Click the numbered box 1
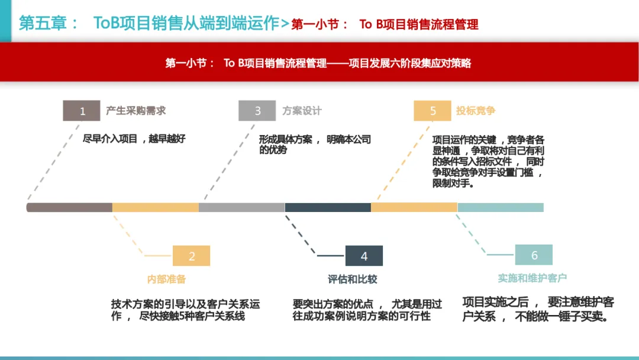[x=82, y=111]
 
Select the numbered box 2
[x=191, y=256]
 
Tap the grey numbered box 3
[x=257, y=111]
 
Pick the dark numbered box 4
[x=364, y=256]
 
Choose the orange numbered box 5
[x=433, y=111]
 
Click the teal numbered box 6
[x=534, y=255]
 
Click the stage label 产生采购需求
[x=136, y=111]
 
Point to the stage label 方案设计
[x=302, y=111]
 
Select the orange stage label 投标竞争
[x=476, y=111]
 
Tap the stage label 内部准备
[x=166, y=279]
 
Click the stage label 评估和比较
[x=352, y=279]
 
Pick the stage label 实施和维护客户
[x=532, y=278]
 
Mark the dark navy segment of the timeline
[x=328, y=207]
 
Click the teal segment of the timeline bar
[x=501, y=207]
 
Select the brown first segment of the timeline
[x=69, y=207]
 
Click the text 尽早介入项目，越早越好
[x=134, y=139]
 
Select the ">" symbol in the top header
[x=285, y=24]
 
